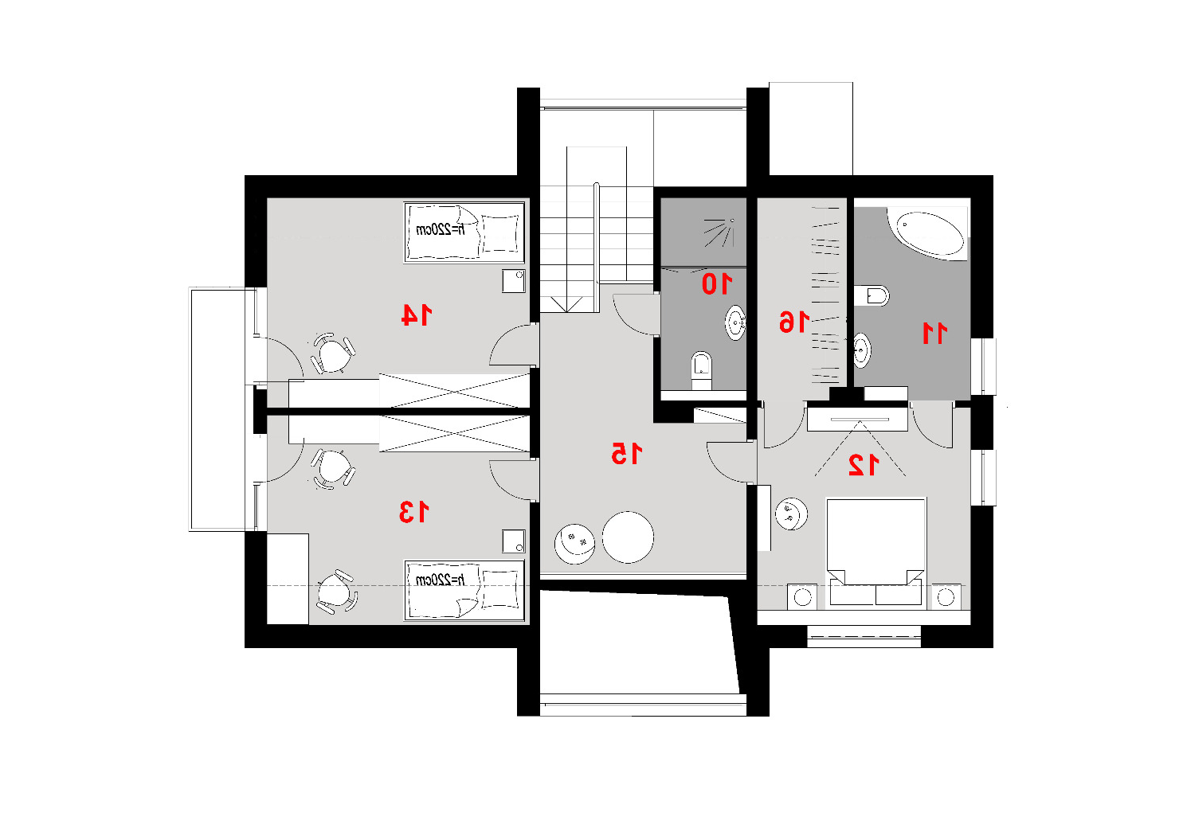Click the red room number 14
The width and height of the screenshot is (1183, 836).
click(417, 315)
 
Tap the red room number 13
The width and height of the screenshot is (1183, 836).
click(413, 511)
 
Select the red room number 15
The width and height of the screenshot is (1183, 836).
click(626, 453)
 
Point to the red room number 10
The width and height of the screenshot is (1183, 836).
click(717, 283)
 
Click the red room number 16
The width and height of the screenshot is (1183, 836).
click(794, 322)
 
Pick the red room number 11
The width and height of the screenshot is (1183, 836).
click(934, 333)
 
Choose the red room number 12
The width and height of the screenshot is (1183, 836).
click(864, 465)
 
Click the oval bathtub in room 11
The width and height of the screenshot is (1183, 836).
click(926, 235)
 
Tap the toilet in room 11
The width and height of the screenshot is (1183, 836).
click(872, 295)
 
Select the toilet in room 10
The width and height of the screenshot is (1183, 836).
click(701, 370)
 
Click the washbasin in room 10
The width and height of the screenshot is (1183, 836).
click(735, 322)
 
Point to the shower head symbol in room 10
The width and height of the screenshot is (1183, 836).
click(719, 232)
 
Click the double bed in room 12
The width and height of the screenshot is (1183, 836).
click(875, 552)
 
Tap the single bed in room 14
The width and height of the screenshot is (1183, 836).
click(464, 232)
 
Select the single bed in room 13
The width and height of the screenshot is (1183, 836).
click(464, 590)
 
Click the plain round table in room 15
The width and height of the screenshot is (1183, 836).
click(628, 537)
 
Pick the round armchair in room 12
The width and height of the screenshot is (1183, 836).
click(791, 514)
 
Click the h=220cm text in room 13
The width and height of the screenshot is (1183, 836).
click(440, 580)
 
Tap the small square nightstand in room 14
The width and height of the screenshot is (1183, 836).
click(513, 281)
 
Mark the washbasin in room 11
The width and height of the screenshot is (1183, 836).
click(862, 350)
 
